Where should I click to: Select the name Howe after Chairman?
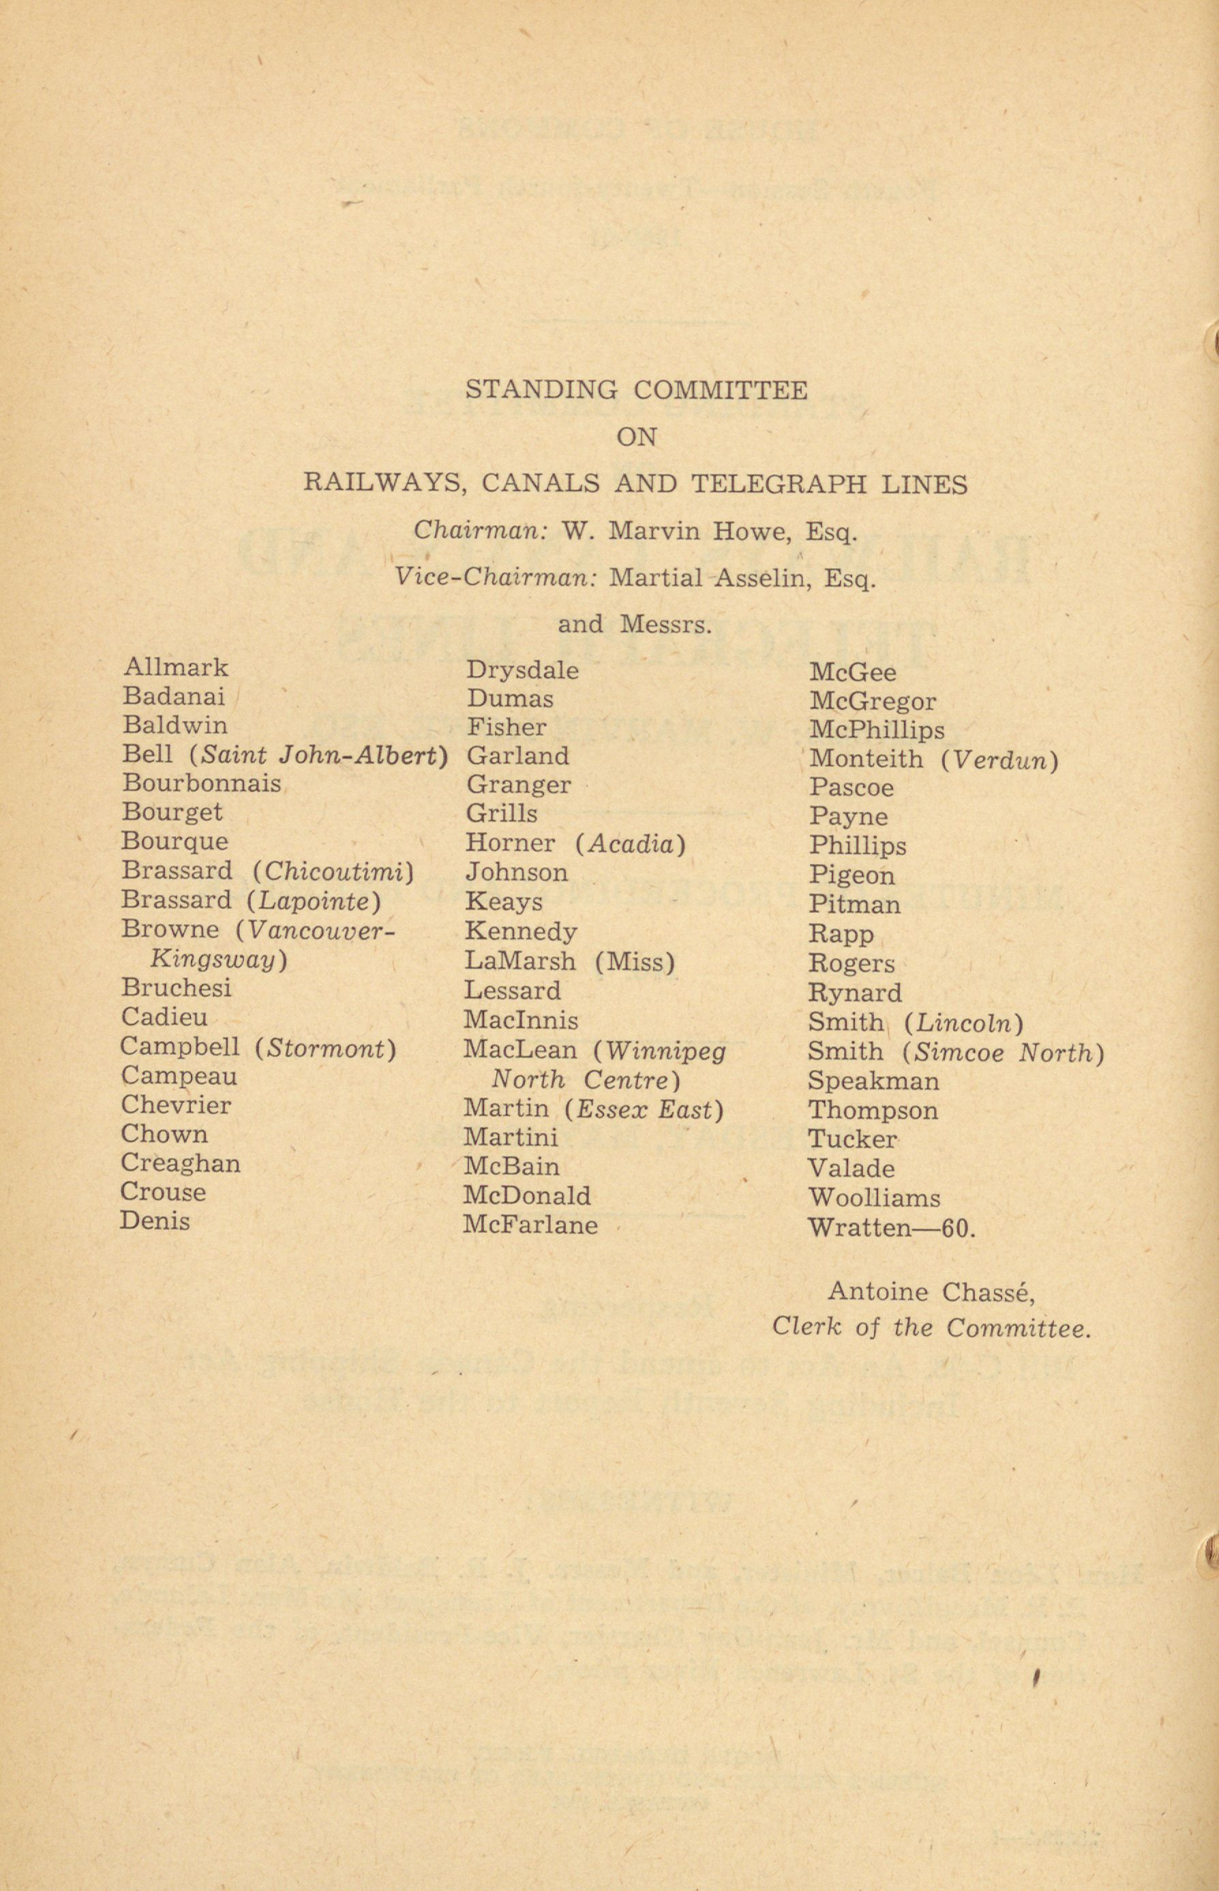pyautogui.click(x=751, y=532)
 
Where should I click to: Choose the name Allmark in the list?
pyautogui.click(x=175, y=668)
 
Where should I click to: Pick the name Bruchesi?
pyautogui.click(x=176, y=988)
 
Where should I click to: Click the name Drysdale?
pyautogui.click(x=522, y=671)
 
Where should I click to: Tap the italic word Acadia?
pyautogui.click(x=630, y=845)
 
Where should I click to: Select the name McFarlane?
pyautogui.click(x=530, y=1226)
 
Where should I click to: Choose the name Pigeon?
pyautogui.click(x=852, y=876)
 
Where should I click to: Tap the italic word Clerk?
pyautogui.click(x=805, y=1328)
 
